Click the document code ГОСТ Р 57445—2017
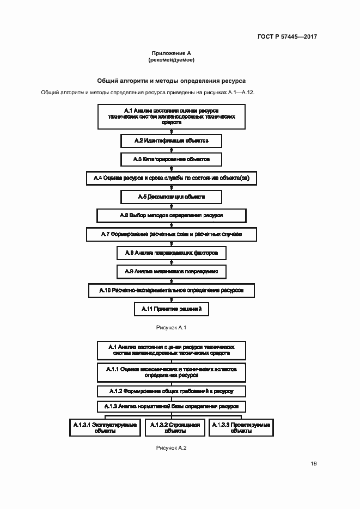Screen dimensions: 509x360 pos(287,37)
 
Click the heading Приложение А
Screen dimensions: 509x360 pos(172,53)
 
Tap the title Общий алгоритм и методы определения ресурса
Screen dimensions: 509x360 pos(172,79)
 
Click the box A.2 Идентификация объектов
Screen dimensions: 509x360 pos(172,141)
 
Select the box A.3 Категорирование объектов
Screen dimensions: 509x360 pos(172,160)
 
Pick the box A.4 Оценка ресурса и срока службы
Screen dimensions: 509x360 pos(172,178)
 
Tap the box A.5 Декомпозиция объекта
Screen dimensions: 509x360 pos(172,197)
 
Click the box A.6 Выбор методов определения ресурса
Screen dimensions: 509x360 pos(172,216)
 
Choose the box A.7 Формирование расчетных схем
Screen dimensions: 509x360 pos(172,234)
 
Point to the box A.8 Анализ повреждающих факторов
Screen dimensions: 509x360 pos(172,253)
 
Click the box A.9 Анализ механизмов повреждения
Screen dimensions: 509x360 pos(172,271)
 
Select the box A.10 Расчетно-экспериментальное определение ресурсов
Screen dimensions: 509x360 pos(172,290)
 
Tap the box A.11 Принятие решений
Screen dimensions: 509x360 pos(172,309)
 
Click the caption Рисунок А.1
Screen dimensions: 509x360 pos(172,327)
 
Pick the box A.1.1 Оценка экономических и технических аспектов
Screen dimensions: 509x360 pos(172,372)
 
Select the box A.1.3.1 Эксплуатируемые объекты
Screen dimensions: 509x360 pos(105,428)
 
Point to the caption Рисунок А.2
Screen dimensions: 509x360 pos(172,447)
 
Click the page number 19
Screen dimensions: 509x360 pos(314,464)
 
